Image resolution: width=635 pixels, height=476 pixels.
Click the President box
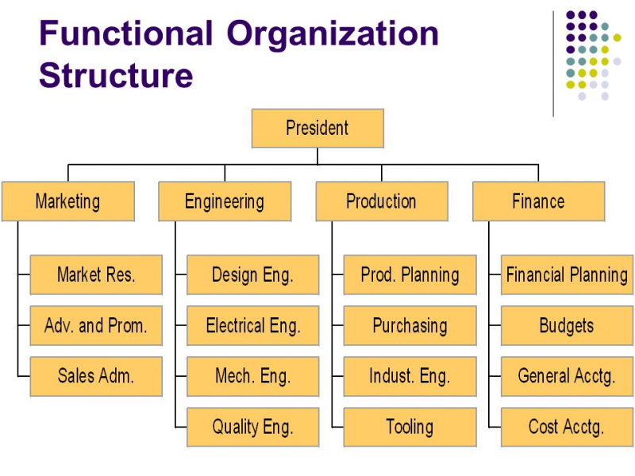click(x=317, y=128)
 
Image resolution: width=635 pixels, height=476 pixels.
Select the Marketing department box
click(x=68, y=202)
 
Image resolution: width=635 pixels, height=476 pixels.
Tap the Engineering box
click(x=225, y=202)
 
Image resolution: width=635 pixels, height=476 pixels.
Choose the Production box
click(x=382, y=202)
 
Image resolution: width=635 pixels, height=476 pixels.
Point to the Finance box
click(x=539, y=202)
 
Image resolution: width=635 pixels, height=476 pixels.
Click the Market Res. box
click(x=96, y=274)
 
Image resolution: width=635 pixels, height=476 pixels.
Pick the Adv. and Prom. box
click(x=96, y=325)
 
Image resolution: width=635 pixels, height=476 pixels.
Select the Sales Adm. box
click(x=96, y=376)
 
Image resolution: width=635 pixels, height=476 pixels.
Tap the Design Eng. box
click(x=252, y=274)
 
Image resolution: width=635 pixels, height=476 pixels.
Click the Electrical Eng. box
click(x=252, y=325)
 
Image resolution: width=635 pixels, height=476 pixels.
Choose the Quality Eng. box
click(x=252, y=427)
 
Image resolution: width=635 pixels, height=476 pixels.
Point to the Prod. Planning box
click(x=410, y=274)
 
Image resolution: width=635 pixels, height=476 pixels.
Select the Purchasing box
click(x=410, y=325)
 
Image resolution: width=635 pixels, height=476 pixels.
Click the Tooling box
click(x=410, y=427)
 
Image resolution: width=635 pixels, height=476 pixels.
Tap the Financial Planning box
click(x=567, y=274)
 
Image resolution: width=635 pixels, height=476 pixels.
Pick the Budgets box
click(x=567, y=325)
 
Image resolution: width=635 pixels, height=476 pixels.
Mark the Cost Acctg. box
click(x=567, y=427)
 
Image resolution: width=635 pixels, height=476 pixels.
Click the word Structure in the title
click(x=116, y=75)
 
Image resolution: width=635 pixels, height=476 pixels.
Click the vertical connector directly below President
click(x=317, y=156)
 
